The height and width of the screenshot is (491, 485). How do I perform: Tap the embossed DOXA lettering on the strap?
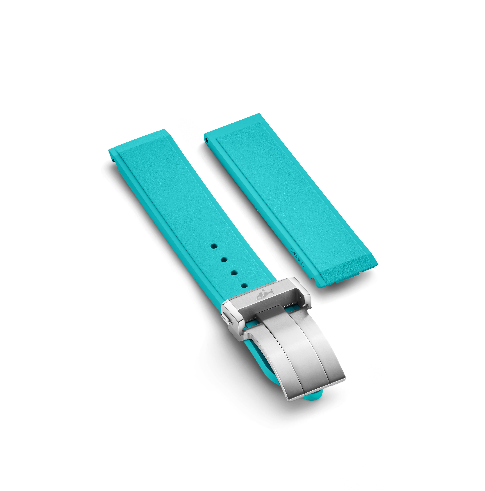click(297, 257)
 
